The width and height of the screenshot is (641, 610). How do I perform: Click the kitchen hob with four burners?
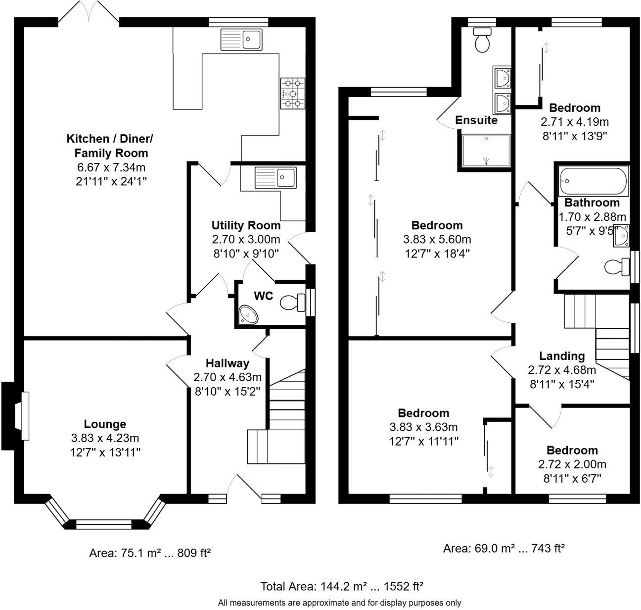(x=292, y=94)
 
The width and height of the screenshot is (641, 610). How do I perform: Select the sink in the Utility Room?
(x=275, y=177)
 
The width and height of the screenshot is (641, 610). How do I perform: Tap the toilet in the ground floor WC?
(x=292, y=302)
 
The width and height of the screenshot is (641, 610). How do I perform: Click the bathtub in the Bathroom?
(x=593, y=182)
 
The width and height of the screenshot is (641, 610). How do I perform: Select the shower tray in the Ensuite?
(x=485, y=150)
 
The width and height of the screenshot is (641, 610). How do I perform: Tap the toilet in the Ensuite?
(x=482, y=40)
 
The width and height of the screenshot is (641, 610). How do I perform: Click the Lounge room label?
(x=105, y=424)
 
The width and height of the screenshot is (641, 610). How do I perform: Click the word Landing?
(x=562, y=356)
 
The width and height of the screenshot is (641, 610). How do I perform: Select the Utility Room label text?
(x=246, y=226)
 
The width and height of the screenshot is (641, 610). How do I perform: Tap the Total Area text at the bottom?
(x=342, y=587)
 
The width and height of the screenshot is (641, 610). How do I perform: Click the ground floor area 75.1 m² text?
(x=150, y=553)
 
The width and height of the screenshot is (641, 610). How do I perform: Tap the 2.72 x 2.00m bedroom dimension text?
(x=572, y=464)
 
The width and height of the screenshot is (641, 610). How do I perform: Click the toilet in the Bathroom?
(x=616, y=267)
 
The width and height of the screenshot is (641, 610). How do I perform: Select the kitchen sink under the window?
(x=242, y=39)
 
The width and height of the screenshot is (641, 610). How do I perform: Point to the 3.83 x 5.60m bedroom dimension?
(x=437, y=240)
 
